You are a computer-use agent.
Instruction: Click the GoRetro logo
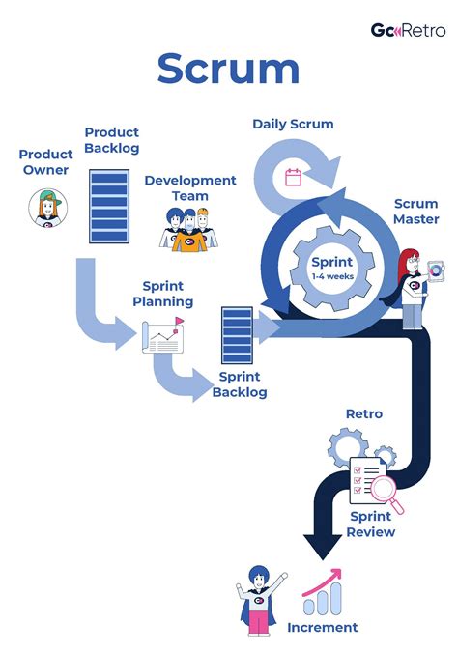click(408, 30)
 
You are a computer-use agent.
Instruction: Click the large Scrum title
click(228, 71)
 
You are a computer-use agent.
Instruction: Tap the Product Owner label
click(45, 162)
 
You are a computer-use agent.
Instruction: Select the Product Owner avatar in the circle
click(45, 208)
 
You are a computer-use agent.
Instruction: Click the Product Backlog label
click(111, 139)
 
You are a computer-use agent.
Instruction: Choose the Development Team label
click(190, 187)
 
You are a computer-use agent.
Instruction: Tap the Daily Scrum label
click(293, 124)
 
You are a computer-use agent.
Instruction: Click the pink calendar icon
click(294, 177)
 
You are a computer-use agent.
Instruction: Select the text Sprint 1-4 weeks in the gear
click(331, 268)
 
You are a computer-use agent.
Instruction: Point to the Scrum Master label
click(415, 212)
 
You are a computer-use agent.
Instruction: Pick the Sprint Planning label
click(167, 294)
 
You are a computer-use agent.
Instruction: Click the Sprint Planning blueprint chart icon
click(163, 337)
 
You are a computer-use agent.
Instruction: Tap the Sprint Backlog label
click(243, 384)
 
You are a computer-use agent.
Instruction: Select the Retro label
click(363, 413)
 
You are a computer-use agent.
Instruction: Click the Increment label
click(322, 627)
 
